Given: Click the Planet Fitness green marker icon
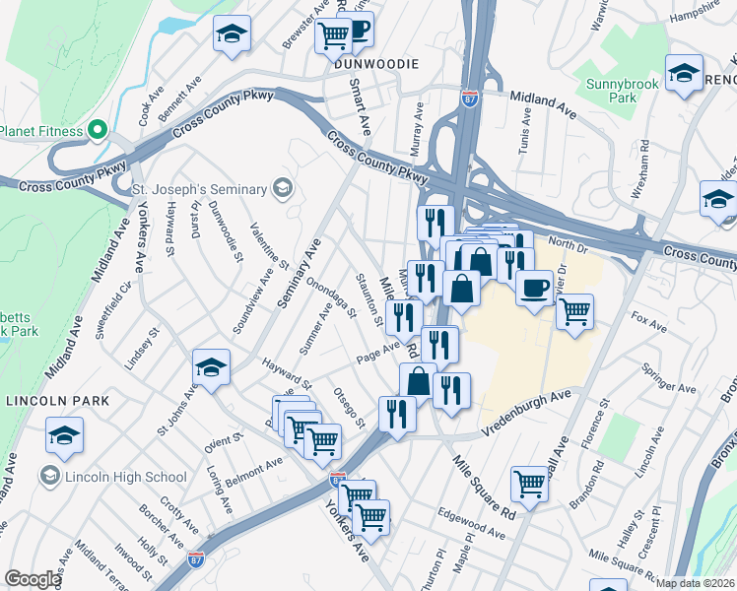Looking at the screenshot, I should (x=97, y=130).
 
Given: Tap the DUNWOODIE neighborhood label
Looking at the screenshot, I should (x=377, y=63).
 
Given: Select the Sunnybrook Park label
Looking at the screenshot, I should (x=622, y=92).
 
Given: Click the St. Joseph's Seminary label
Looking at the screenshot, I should (x=200, y=188).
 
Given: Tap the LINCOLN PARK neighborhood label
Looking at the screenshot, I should (x=56, y=401).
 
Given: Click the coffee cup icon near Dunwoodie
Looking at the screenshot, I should (x=358, y=31).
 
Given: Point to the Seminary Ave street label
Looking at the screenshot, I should (x=300, y=276).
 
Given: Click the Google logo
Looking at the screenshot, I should (x=33, y=580).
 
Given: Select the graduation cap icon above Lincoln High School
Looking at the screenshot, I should (x=64, y=434).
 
